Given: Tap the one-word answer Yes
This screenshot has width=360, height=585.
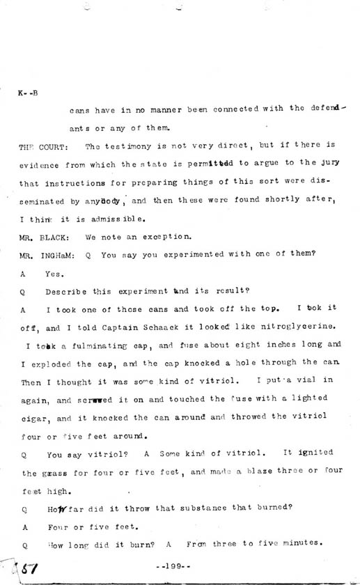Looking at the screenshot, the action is pos(53,273).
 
